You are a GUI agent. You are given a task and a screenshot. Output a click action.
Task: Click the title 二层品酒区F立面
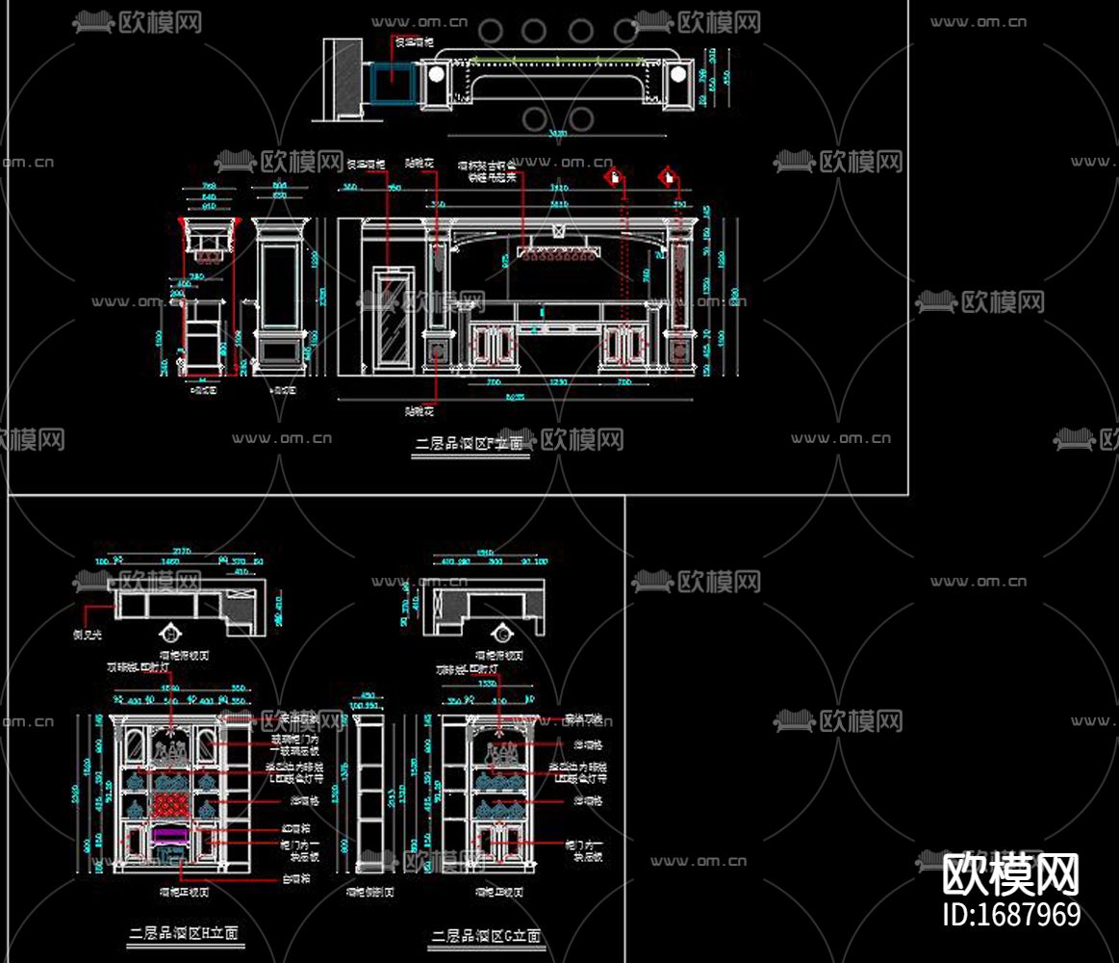pos(470,444)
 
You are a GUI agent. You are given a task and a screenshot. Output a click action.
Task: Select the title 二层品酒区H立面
pos(184,932)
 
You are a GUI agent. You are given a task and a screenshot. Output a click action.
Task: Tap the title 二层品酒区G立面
pos(486,935)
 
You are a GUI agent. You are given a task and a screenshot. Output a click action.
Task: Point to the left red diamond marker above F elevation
pos(613,176)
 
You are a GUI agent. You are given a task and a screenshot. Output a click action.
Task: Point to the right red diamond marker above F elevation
pos(667,176)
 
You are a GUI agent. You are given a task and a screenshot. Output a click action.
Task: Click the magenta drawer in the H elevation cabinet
pos(170,832)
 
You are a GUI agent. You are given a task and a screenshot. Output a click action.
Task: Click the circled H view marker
pos(171,633)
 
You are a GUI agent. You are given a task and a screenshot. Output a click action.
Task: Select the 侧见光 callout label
pos(89,636)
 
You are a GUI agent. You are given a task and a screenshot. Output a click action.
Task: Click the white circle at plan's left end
pos(437,74)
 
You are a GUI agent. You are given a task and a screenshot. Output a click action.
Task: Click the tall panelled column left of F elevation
pos(281,294)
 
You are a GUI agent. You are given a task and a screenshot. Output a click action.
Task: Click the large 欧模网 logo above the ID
pos(1009,874)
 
